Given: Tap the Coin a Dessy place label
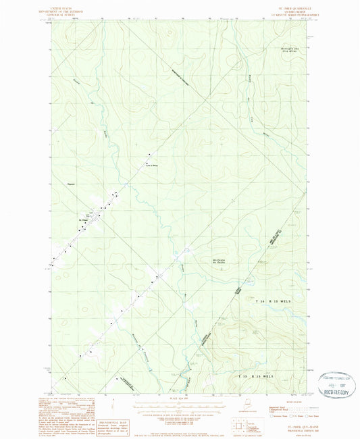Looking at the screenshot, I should point(151,165).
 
